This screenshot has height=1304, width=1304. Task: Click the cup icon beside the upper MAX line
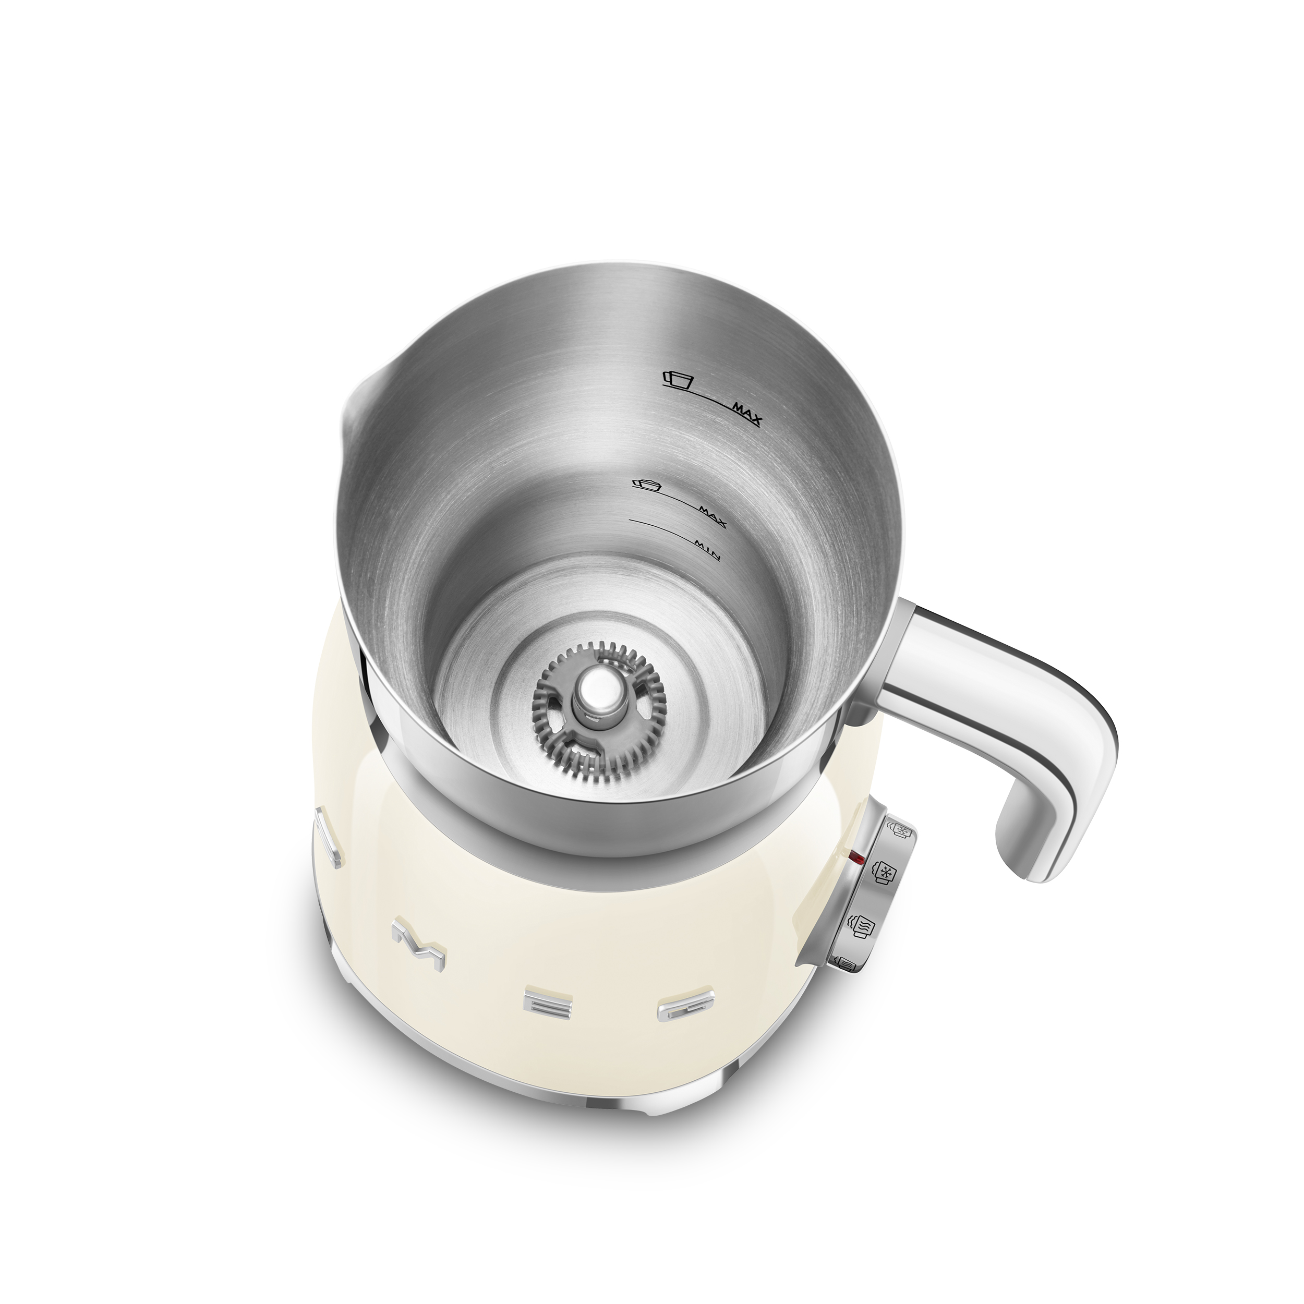click(x=678, y=379)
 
